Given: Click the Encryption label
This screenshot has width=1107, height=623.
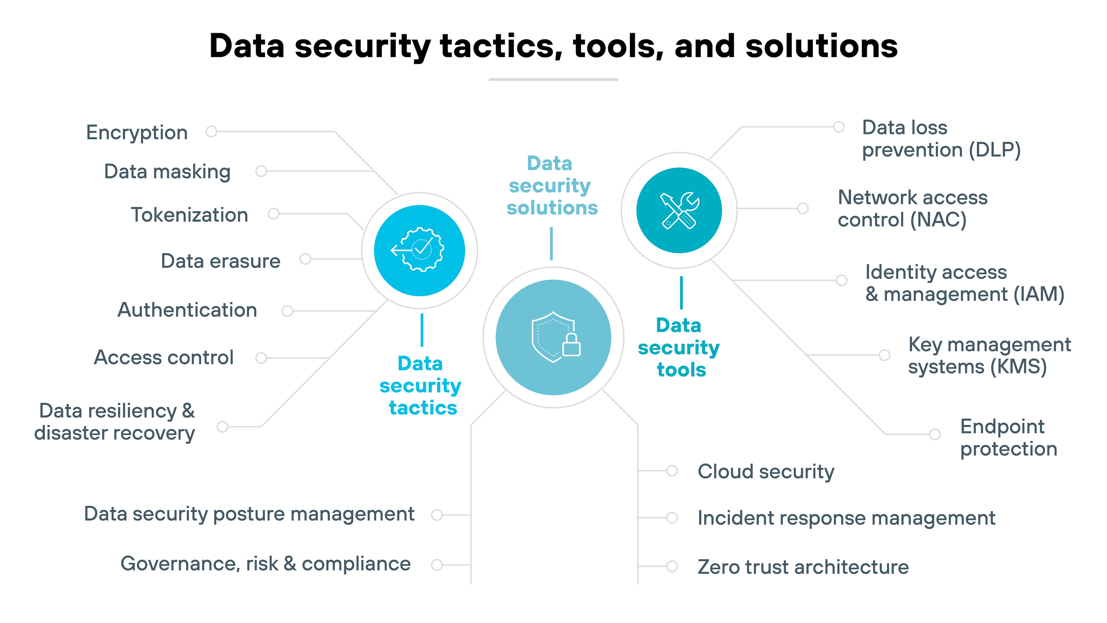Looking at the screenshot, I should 137,132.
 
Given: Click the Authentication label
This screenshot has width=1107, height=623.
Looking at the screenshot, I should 187,310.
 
